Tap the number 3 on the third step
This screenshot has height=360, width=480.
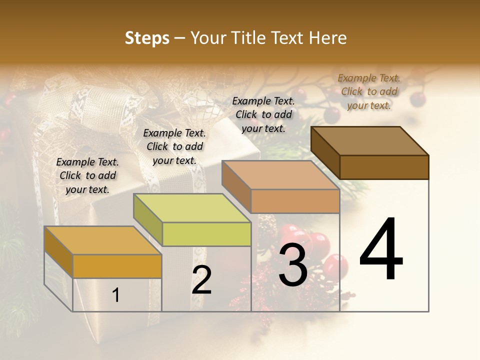click(293, 265)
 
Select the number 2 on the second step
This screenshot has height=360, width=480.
click(201, 280)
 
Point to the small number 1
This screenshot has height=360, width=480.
click(116, 295)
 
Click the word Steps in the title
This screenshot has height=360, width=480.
click(147, 38)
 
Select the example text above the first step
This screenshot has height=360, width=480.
click(87, 175)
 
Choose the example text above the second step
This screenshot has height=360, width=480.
click(174, 146)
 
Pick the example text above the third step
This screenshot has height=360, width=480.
click(263, 114)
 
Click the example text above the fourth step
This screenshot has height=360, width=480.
click(369, 91)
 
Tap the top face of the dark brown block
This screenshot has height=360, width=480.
click(369, 140)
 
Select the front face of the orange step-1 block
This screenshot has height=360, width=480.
click(117, 266)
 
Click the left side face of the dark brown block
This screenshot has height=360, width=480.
click(325, 152)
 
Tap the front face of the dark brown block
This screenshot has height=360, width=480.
click(384, 167)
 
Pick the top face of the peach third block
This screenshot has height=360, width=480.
click(280, 175)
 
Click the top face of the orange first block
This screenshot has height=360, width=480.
click(102, 240)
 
